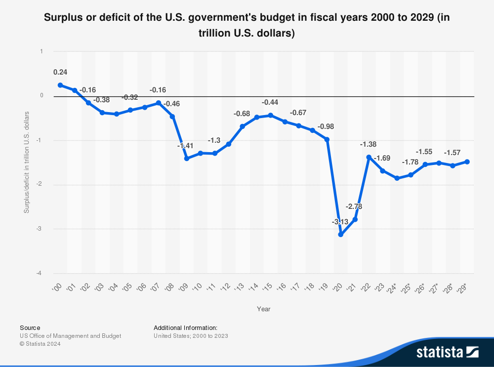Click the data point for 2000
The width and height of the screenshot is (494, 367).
[60, 85]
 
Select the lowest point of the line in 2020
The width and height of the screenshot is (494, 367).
[341, 235]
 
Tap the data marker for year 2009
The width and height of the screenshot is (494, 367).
[187, 159]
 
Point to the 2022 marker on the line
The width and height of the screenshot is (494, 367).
[369, 157]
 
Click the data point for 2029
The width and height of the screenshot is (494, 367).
[467, 162]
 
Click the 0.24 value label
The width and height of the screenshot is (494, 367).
[60, 72]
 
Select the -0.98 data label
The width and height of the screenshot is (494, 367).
[326, 126]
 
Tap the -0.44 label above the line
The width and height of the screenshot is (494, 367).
[270, 102]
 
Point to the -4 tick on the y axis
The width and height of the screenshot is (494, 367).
[41, 273]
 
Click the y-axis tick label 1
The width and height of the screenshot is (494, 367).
[41, 51]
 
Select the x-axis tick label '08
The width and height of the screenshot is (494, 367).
[169, 287]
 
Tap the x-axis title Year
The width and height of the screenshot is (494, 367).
[263, 309]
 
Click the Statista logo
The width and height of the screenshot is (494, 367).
[447, 352]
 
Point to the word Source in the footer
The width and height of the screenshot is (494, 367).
[30, 327]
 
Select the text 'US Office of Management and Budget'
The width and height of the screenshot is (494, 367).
[70, 336]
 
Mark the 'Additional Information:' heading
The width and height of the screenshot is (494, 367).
[185, 327]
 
